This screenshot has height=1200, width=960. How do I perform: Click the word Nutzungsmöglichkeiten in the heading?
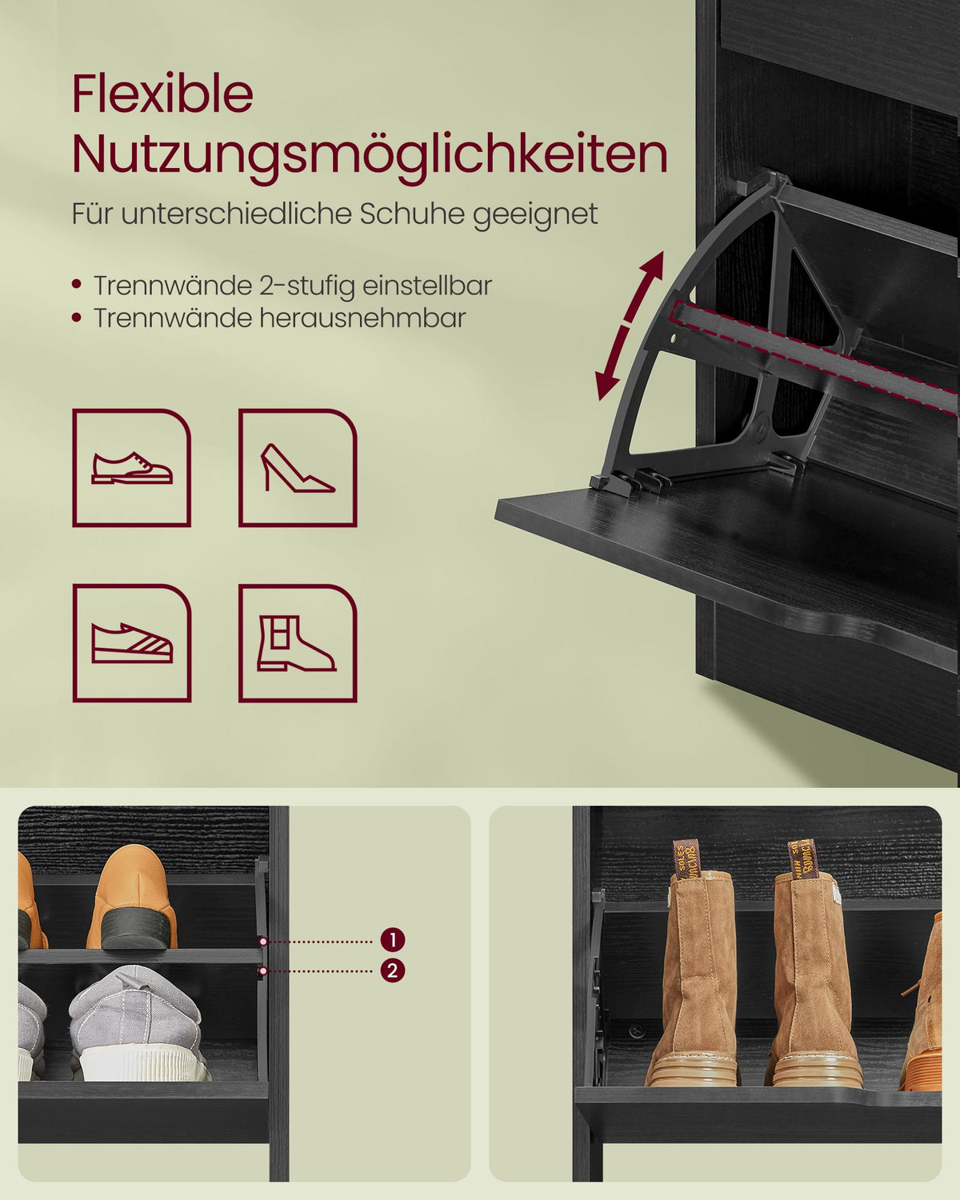pyautogui.click(x=370, y=154)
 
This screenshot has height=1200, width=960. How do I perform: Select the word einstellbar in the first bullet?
pyautogui.click(x=427, y=286)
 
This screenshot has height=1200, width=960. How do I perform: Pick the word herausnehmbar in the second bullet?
pyautogui.click(x=362, y=318)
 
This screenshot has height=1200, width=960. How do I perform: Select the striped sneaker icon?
pyautogui.click(x=132, y=643)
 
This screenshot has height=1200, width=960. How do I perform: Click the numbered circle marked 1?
pyautogui.click(x=392, y=939)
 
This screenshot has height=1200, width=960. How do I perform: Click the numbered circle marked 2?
pyautogui.click(x=392, y=971)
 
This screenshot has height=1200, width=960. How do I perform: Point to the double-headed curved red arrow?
pyautogui.click(x=630, y=326)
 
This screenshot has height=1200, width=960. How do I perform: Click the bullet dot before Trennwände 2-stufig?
pyautogui.click(x=77, y=285)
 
